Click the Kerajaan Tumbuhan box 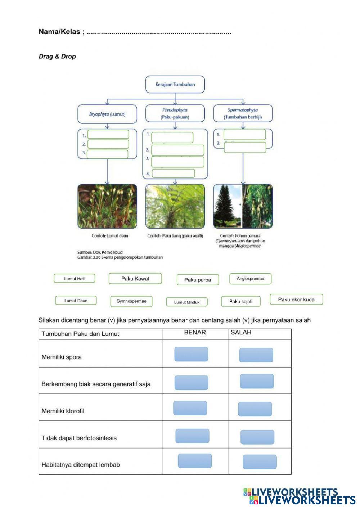coord(175,84)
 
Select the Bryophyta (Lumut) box coord(107,114)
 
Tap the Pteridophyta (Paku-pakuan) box coord(175,113)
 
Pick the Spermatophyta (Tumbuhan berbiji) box coord(243,113)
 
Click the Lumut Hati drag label coord(75,279)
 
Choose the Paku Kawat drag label coord(135,279)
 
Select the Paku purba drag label coord(198,280)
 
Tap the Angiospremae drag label coord(250,279)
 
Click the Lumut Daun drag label coord(76,301)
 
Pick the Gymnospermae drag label coord(131,301)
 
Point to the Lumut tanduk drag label coord(186,302)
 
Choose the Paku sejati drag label coord(241,301)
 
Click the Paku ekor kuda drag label coord(296,299)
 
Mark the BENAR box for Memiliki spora coord(191,354)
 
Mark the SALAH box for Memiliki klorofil coord(255,409)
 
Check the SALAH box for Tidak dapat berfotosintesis coord(257,437)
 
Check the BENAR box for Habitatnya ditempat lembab coord(195,461)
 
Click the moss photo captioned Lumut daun coord(107,206)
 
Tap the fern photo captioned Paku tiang coord(175,206)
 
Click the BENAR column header coord(195,333)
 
